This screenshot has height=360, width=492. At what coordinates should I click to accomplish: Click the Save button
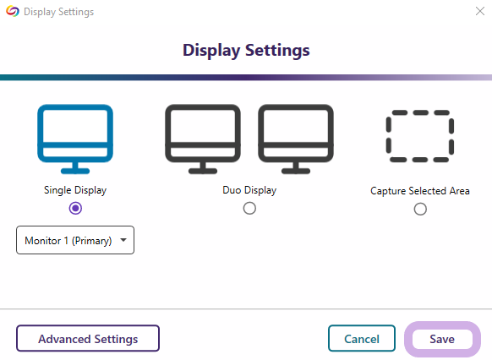[x=442, y=339]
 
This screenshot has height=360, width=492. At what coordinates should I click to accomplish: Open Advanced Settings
[x=88, y=338]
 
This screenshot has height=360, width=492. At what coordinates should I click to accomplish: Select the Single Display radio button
[x=75, y=208]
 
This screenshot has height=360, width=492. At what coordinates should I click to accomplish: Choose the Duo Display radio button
[x=249, y=208]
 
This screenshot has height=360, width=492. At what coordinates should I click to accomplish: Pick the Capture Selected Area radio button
[x=420, y=210]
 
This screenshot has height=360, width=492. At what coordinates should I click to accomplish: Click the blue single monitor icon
[x=75, y=145]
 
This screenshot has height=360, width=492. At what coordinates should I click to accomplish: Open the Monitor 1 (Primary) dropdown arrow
[x=123, y=240]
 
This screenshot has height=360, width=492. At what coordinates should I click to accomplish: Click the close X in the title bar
[x=480, y=11]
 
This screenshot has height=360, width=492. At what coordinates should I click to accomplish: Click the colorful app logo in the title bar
[x=13, y=11]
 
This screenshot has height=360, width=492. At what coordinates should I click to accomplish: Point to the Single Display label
[x=75, y=190]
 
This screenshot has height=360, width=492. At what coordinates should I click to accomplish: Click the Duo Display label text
[x=249, y=190]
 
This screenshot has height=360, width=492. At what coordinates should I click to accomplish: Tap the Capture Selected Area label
[x=420, y=191]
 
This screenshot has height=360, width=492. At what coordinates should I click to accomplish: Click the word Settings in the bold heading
[x=277, y=51]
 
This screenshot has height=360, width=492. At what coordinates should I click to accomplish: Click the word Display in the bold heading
[x=211, y=51]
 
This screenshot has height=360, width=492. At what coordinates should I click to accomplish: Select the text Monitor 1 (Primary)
[x=68, y=241]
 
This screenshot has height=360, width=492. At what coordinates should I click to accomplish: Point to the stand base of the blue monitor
[x=75, y=172]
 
